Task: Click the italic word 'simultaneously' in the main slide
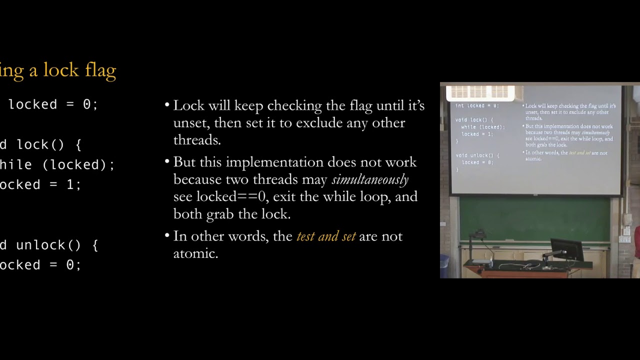370,179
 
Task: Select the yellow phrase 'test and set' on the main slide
326,236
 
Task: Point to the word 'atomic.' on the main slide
195,253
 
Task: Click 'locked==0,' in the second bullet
233,196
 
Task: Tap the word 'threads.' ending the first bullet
197,140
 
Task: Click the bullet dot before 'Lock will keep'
167,105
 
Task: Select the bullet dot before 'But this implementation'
167,162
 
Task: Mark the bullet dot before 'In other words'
167,236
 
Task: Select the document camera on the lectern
480,245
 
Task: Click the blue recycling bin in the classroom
444,265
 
